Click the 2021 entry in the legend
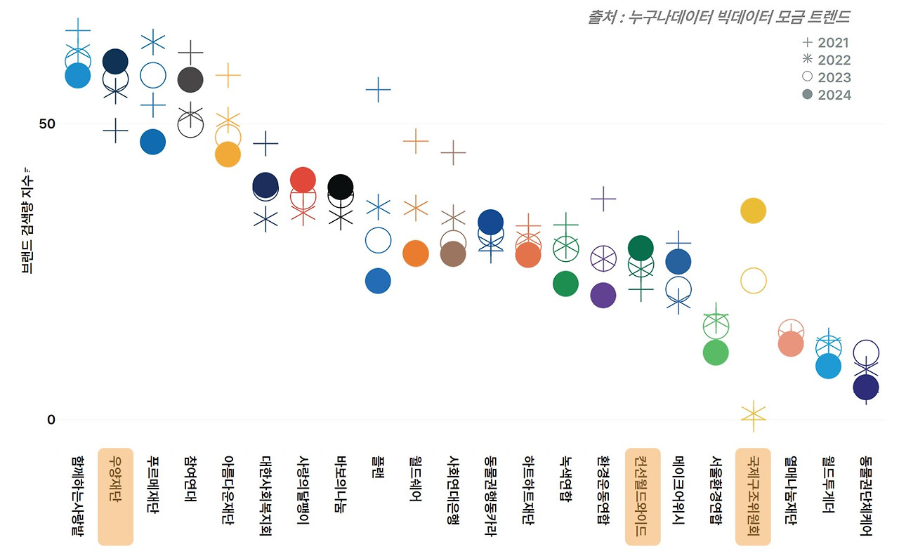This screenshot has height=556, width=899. tap(826, 43)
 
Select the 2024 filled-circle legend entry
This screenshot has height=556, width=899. tap(826, 95)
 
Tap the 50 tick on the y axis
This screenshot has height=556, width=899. tap(47, 124)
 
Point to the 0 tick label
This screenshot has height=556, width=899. tap(51, 420)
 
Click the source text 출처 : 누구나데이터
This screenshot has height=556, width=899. tap(718, 17)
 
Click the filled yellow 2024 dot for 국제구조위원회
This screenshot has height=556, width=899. tap(753, 211)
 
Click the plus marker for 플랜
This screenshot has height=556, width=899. tap(378, 89)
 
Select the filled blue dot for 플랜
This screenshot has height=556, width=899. tap(378, 281)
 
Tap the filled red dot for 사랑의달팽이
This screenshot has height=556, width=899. tap(303, 180)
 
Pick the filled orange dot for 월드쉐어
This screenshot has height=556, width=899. tap(416, 253)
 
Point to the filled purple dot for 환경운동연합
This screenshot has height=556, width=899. tap(603, 295)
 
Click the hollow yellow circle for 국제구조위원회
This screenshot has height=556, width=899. tap(753, 281)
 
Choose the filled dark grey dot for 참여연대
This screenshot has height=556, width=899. tap(190, 80)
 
